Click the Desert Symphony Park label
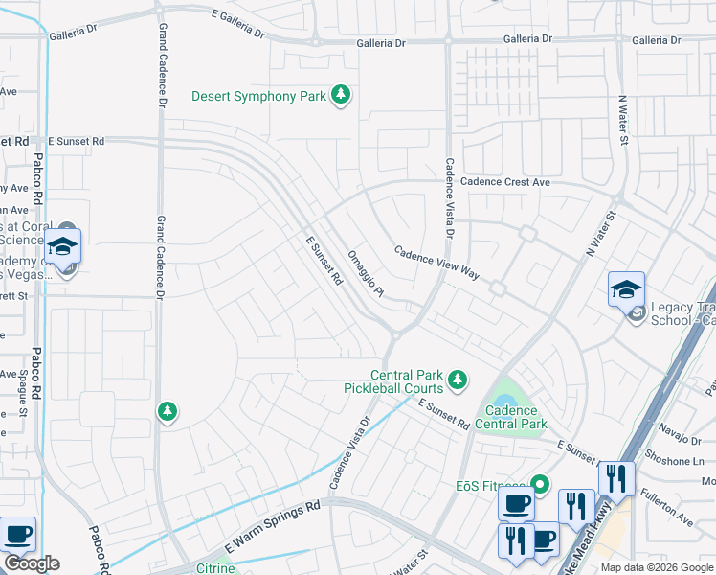(x=258, y=96)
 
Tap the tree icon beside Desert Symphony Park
(x=340, y=95)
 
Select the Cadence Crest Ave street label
(x=505, y=181)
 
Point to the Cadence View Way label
(x=436, y=261)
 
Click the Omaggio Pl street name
(x=366, y=273)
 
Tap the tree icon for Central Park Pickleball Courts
(x=458, y=380)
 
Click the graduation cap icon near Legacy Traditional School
(x=626, y=287)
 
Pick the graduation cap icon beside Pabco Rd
(x=62, y=245)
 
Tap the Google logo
(x=32, y=563)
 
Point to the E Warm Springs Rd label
(x=272, y=525)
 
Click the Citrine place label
(x=215, y=568)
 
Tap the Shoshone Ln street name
(x=675, y=459)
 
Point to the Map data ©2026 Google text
(x=656, y=567)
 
